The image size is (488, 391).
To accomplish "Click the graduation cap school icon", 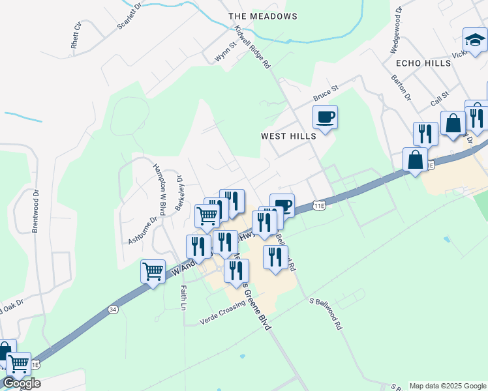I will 474,40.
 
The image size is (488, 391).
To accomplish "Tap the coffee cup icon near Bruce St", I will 325,118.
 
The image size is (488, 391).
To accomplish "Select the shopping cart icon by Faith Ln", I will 153,270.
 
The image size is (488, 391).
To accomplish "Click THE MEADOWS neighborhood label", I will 263,16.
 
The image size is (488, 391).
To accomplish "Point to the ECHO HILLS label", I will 423,63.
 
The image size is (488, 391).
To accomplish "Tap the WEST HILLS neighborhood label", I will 288,136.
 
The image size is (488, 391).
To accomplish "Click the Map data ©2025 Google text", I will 448,386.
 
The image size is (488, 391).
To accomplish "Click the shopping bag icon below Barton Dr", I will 453,124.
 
